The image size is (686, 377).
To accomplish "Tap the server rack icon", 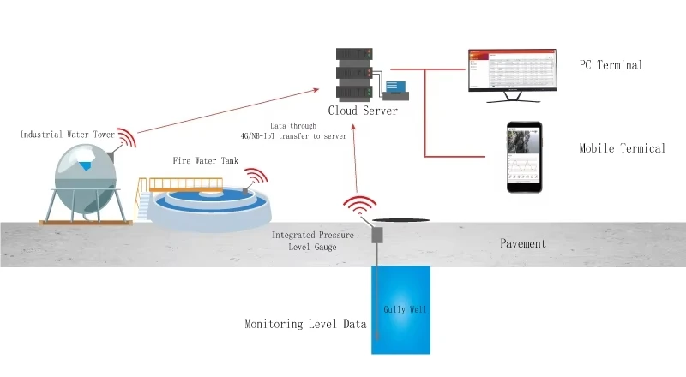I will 353,74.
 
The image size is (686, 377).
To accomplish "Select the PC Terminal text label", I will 611,65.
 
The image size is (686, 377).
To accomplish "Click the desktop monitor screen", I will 511,70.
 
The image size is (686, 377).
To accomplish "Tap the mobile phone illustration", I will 523,158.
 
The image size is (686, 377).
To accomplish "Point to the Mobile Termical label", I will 622,148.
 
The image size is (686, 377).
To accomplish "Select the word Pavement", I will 522,243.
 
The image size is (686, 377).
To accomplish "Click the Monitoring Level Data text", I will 305,324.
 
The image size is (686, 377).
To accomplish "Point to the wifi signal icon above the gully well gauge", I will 361,206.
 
